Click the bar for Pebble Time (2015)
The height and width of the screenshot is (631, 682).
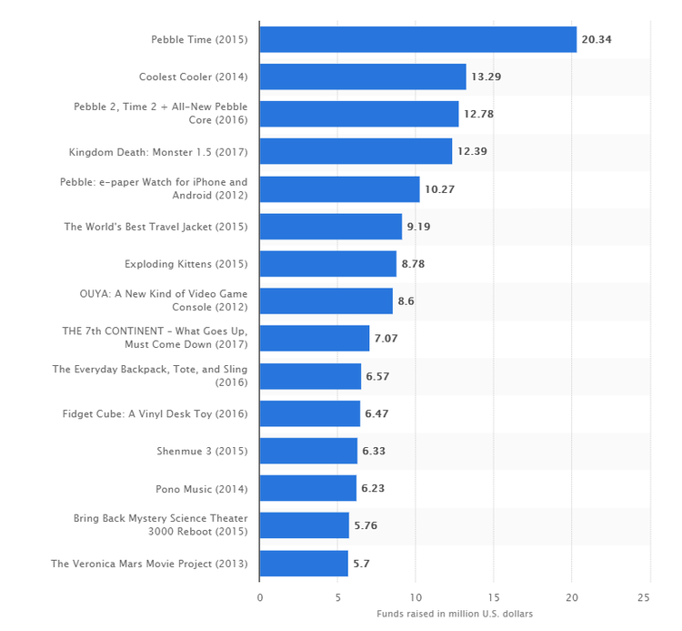(417, 39)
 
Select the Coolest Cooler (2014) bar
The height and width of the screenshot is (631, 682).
(363, 76)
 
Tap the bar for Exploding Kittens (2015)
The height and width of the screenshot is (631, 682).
(327, 264)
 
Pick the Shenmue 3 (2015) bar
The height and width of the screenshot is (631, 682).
(308, 451)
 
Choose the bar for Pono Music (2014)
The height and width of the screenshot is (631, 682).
(307, 488)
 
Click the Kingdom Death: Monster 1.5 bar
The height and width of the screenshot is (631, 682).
(356, 151)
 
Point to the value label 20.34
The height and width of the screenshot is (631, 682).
(596, 39)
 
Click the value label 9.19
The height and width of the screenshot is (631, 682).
(418, 227)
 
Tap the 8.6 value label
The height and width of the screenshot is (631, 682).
(406, 301)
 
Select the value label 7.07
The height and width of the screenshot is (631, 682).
(386, 339)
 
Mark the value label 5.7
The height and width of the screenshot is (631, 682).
(362, 564)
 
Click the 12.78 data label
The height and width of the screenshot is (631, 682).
(476, 114)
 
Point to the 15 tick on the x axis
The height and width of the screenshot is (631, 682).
(494, 597)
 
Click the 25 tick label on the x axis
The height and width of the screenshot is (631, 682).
(649, 597)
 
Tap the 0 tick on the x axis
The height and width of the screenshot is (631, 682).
(260, 597)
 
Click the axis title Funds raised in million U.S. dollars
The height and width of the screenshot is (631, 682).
(455, 614)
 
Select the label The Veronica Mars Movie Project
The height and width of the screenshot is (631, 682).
(149, 564)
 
